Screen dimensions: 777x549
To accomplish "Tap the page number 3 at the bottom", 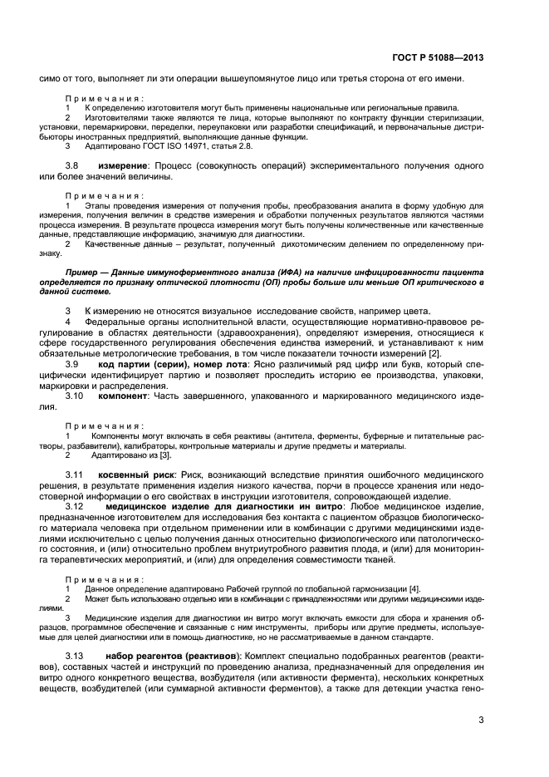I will [481, 720].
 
